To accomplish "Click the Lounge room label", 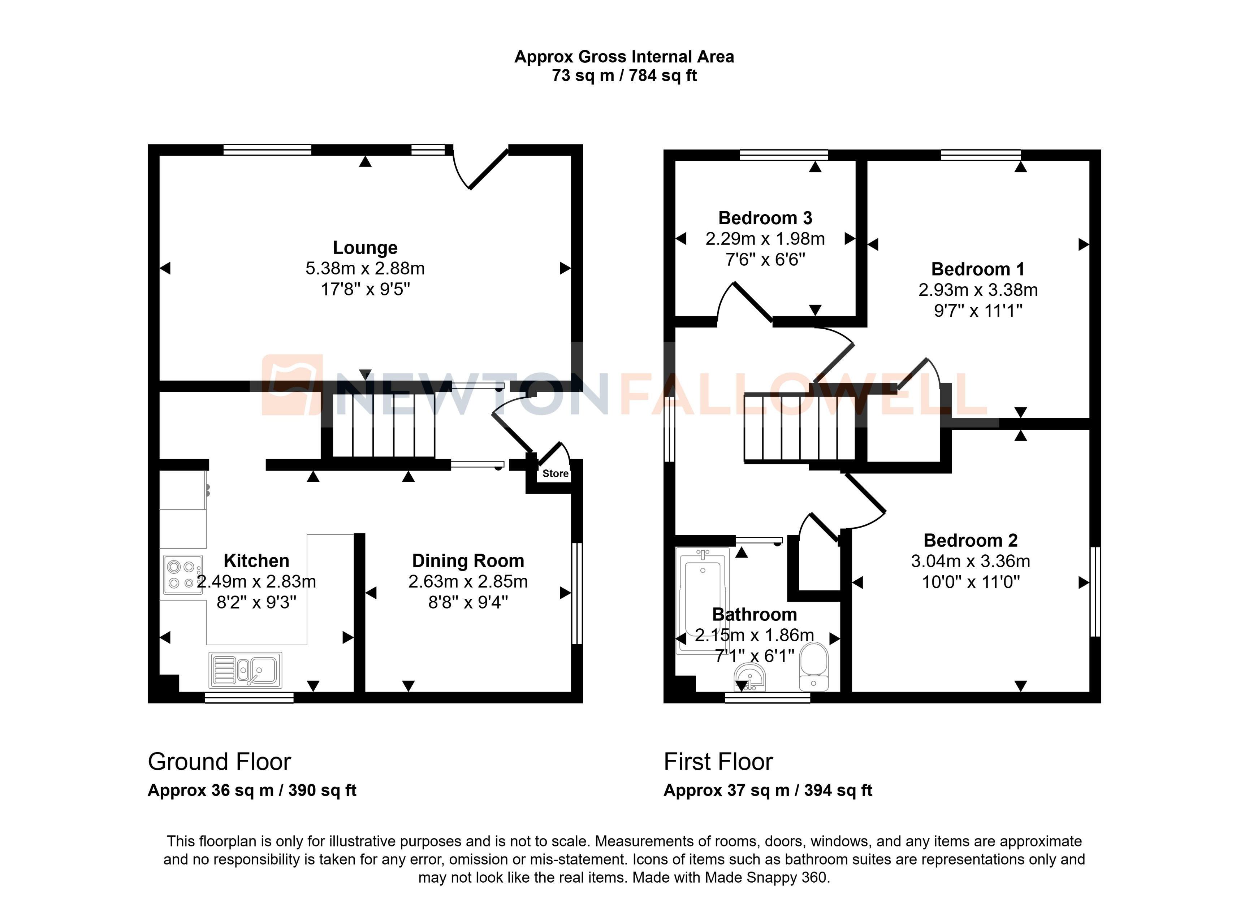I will [365, 248].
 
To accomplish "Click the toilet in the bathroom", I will [813, 667].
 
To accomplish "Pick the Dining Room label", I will [468, 561].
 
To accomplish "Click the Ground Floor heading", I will [219, 762].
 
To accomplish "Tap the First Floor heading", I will [718, 762].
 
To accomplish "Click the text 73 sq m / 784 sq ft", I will [624, 75].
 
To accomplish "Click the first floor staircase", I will [799, 428].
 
